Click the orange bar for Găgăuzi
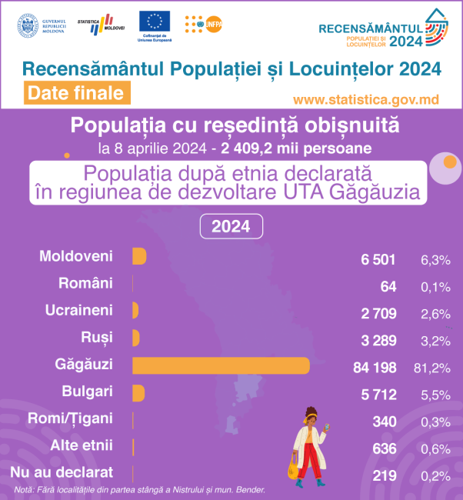[221, 365]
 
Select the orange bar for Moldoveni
[139, 256]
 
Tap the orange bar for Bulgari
[138, 392]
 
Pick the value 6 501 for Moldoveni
[378, 259]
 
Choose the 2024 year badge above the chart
[231, 227]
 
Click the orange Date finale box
[75, 93]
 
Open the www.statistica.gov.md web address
[366, 100]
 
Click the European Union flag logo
[155, 22]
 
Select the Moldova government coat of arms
[27, 24]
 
